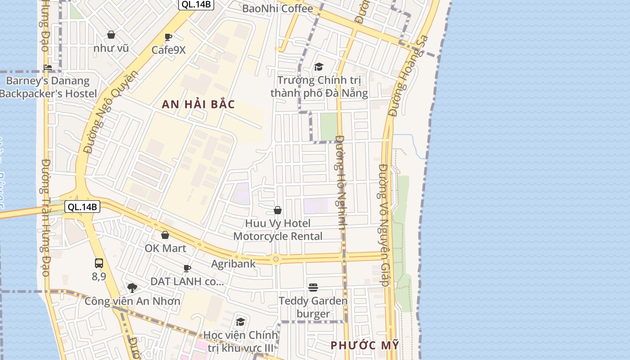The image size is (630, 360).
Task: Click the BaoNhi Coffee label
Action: [277, 9]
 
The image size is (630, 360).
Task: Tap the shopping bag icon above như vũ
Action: [111, 35]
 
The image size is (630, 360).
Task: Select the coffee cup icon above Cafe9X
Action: [168, 37]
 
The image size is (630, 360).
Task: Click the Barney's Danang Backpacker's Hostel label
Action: [48, 87]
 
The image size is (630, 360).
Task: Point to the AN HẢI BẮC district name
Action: [198, 104]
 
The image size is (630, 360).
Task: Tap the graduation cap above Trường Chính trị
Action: [319, 67]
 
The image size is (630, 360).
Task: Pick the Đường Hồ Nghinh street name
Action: [341, 182]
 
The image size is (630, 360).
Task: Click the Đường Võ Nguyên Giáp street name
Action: [384, 225]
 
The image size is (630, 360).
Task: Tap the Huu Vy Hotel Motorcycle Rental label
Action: [278, 229]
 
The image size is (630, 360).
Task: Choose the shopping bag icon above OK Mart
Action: [165, 235]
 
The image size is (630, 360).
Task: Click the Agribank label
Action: [233, 264]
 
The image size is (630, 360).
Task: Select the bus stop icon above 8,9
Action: [99, 263]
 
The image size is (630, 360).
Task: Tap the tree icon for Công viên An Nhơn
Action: [132, 288]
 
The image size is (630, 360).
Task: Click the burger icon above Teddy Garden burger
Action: [313, 287]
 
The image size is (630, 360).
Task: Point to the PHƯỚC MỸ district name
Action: [365, 345]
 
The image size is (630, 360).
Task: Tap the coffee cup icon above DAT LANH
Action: [187, 269]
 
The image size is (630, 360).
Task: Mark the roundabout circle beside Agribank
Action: [275, 259]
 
